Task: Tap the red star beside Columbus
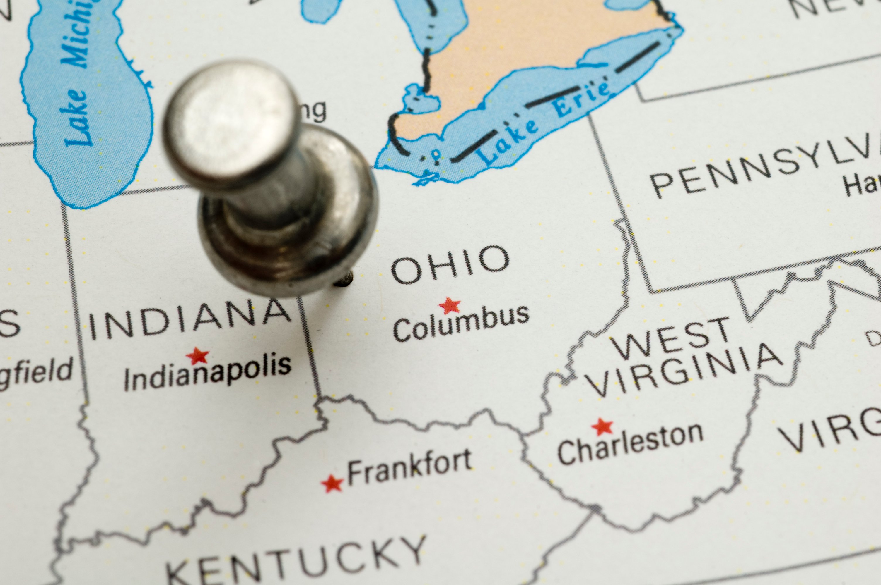point(449,306)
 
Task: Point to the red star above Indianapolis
point(198,356)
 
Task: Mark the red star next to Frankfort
point(332,484)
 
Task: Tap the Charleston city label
point(630,444)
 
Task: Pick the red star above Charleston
point(602,427)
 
